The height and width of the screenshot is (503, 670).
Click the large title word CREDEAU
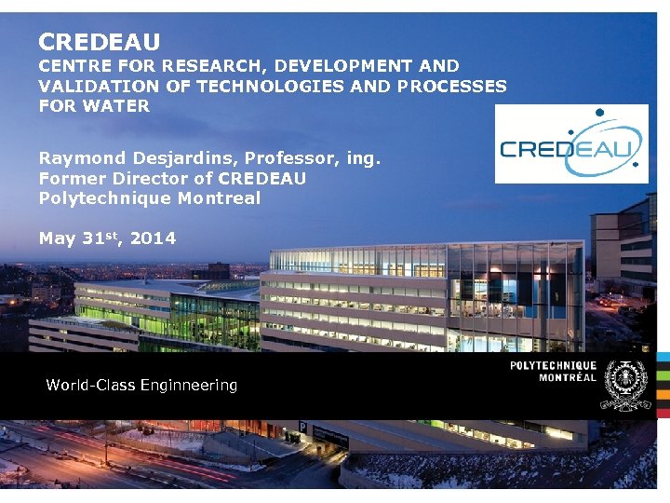click(x=99, y=42)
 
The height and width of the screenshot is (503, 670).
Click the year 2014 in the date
click(x=153, y=238)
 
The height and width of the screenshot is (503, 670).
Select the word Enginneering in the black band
click(x=189, y=385)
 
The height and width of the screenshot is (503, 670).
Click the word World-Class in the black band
click(x=91, y=385)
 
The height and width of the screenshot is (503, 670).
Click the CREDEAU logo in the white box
click(x=570, y=143)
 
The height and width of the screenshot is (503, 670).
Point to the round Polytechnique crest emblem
click(x=625, y=385)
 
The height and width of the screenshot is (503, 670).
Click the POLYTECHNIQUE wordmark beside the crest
click(x=553, y=366)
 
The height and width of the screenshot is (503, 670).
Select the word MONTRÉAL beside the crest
click(x=568, y=377)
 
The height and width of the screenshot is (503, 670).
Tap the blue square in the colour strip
click(x=663, y=358)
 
